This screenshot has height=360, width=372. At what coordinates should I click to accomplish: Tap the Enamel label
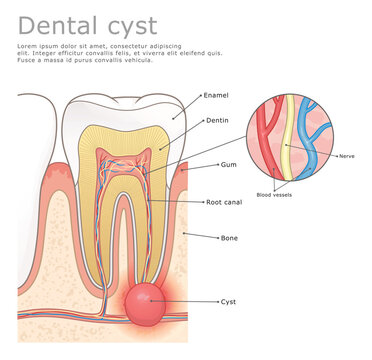coord(215,95)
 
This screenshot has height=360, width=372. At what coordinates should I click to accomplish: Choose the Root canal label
coord(226,201)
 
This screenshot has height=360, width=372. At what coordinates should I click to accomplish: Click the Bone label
coord(229,238)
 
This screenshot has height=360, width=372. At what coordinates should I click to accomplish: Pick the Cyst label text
coord(227,300)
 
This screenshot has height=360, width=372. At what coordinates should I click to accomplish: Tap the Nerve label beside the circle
coord(347,156)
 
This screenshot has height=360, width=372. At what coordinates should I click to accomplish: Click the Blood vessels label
coord(276,194)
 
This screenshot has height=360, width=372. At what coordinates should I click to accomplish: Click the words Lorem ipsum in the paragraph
coord(38,47)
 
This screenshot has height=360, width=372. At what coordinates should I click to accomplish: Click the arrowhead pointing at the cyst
coord(169,300)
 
